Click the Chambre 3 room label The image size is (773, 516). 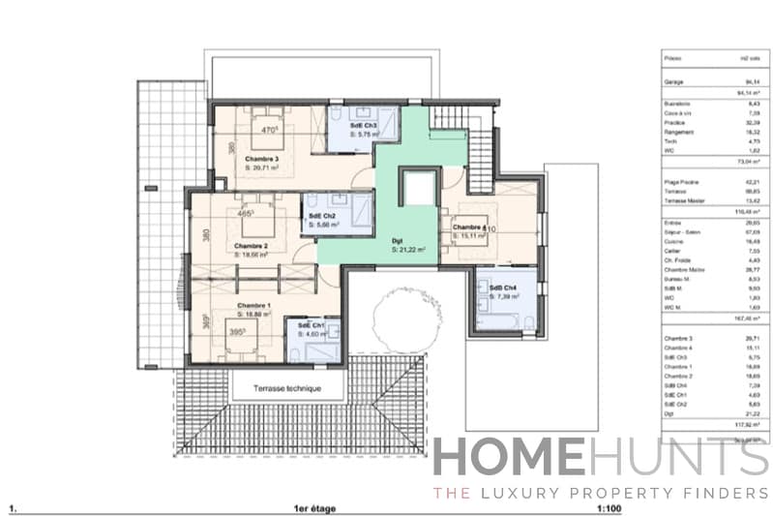tap(262, 158)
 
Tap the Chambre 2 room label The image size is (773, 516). tap(251, 246)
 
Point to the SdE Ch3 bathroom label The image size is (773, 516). tap(351, 124)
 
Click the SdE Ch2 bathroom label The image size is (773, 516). tap(323, 215)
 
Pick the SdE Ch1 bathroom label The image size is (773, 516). tap(312, 324)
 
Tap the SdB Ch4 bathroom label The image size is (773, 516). tap(503, 288)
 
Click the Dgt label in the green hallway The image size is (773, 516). tap(397, 240)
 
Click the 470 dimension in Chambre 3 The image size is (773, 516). tap(271, 129)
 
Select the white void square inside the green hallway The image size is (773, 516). tap(419, 187)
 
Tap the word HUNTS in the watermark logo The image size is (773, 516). tap(678, 459)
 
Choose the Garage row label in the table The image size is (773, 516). tap(674, 83)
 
